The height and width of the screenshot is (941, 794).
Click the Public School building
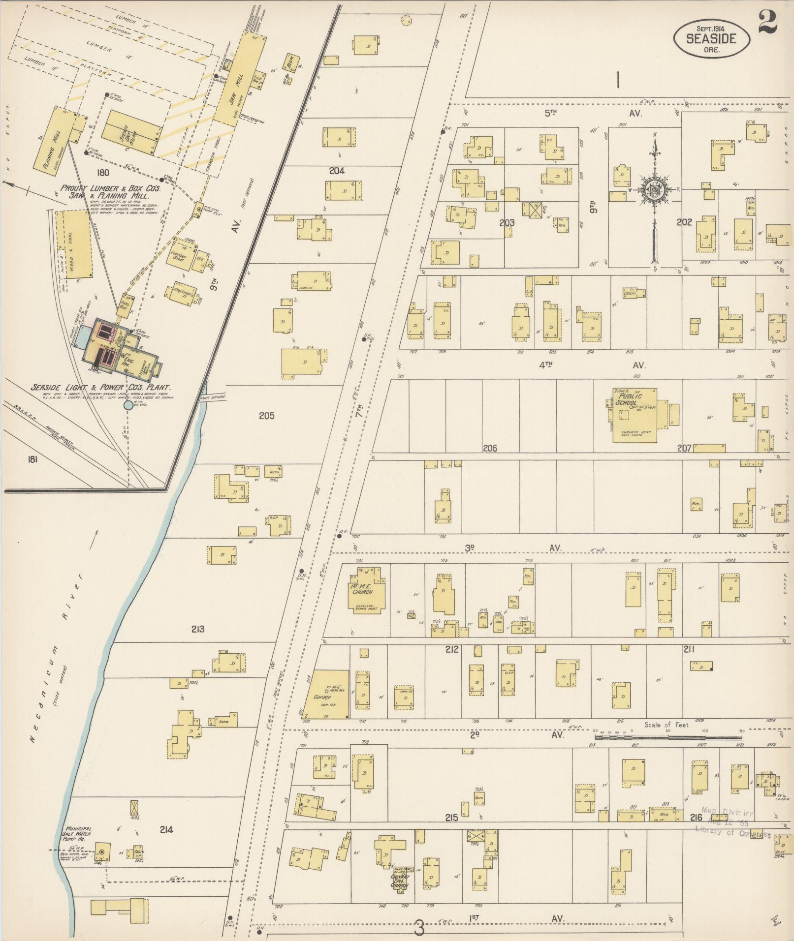635,415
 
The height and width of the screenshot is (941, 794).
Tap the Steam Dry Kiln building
132,133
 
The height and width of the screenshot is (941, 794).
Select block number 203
507,222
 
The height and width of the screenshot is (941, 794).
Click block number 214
166,829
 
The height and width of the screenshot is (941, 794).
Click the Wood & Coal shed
74,244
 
